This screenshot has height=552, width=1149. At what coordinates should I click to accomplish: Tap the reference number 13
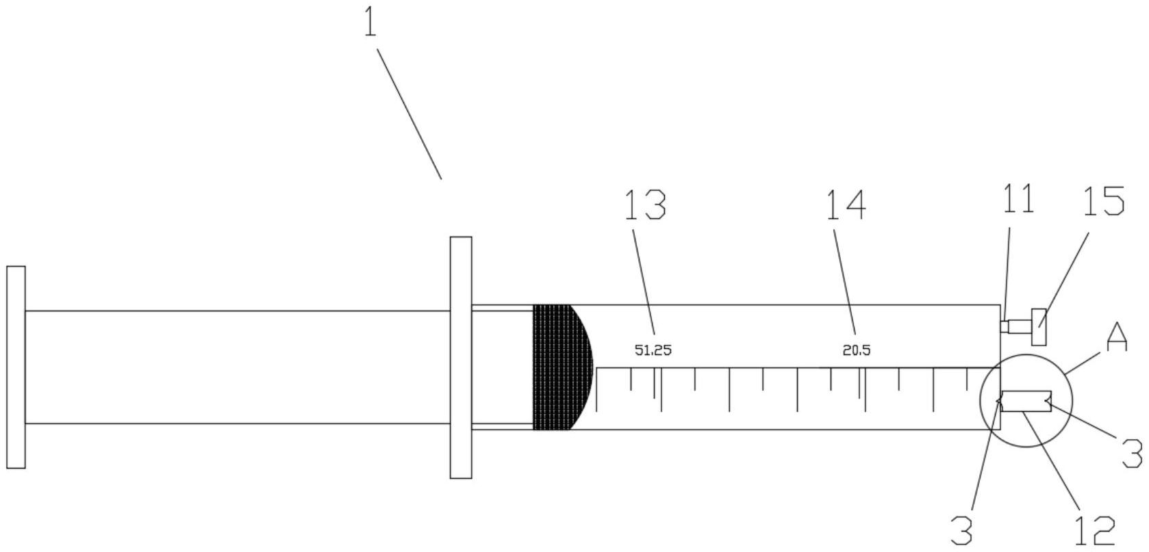coord(645,205)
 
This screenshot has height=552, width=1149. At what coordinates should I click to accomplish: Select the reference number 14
coord(846,205)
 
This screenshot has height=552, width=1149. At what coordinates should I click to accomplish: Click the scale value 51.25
coord(653,351)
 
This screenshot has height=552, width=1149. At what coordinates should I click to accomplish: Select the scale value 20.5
coord(857,351)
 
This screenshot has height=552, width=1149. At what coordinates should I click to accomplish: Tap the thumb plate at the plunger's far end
coord(16,367)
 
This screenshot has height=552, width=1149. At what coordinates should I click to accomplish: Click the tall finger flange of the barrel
coord(461,358)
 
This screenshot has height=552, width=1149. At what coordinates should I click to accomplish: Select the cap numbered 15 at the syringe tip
coord(1039,327)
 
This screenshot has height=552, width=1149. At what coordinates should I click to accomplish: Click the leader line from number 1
coord(409,114)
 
